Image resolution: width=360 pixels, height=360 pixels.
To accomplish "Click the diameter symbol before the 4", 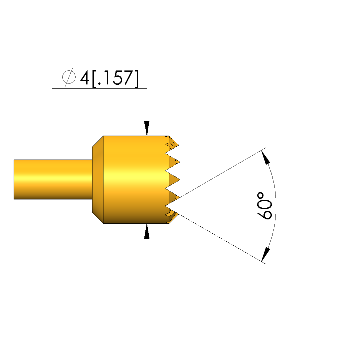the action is [69, 77].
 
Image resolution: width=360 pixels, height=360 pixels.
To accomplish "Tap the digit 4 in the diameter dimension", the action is [85, 77].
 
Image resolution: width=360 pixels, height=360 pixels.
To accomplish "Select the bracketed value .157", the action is [115, 78].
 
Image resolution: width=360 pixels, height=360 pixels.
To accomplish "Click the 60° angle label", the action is [264, 206].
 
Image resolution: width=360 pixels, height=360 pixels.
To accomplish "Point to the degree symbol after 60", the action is [260, 196].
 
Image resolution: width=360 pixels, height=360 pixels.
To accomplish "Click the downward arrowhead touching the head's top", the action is [147, 128].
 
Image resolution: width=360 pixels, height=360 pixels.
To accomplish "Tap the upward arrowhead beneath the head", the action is [147, 231].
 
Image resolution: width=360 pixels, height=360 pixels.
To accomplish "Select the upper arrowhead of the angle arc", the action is [266, 157].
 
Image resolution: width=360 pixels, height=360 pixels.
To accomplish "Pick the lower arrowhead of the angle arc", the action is [266, 254].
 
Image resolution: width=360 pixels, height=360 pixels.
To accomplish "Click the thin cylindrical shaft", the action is [53, 179].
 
